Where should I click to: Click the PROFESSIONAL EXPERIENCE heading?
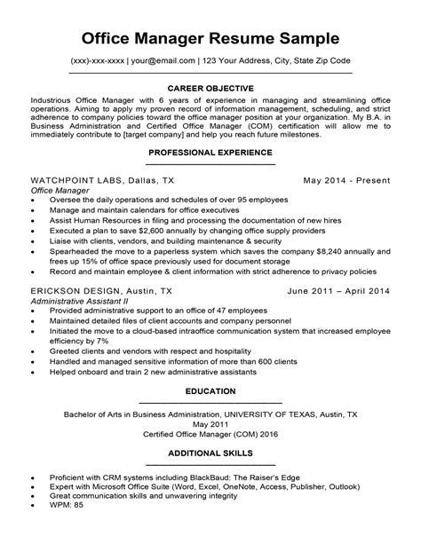click(210, 154)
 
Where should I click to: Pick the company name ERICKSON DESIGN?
click(75, 291)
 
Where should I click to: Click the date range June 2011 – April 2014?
click(339, 291)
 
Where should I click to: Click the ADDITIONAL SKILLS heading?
click(210, 453)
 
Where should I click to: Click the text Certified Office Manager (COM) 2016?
click(210, 434)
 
